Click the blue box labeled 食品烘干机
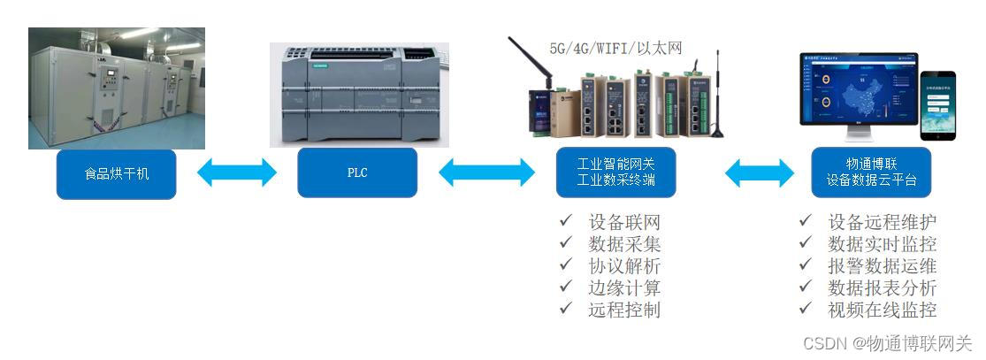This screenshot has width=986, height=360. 117,173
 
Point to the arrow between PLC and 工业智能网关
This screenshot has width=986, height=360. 487,172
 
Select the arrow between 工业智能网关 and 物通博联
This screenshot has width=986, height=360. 760,172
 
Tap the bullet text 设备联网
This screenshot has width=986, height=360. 624,222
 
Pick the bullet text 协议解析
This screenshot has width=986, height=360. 624,265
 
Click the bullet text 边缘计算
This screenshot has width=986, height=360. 624,287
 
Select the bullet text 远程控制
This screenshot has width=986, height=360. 624,310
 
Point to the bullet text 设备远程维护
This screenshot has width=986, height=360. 882,222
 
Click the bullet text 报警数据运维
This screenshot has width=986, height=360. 882,265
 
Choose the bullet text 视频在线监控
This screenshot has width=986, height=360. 882,310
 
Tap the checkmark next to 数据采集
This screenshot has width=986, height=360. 565,244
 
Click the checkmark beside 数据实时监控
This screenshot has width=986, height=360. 805,244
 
